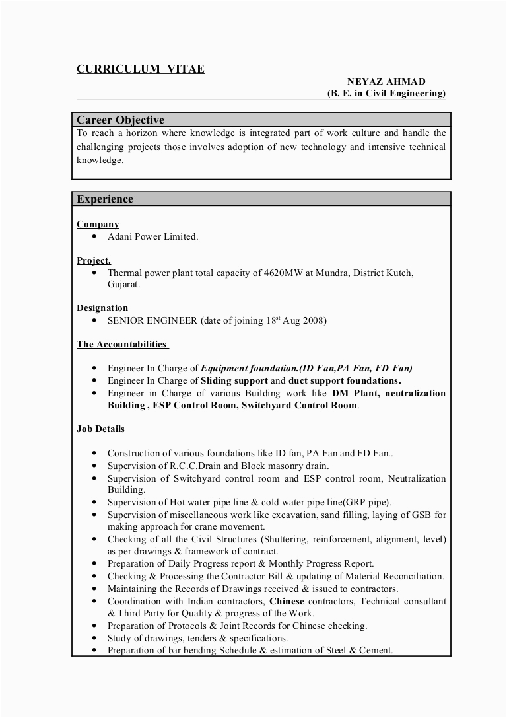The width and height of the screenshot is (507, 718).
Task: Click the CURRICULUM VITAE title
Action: [141, 69]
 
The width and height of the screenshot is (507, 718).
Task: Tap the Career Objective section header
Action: [120, 120]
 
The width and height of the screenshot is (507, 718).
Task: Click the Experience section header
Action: [105, 199]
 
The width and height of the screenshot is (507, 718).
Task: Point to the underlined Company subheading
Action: [98, 225]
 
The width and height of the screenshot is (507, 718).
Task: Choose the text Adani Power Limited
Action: [152, 236]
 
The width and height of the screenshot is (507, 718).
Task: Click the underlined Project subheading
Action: [94, 261]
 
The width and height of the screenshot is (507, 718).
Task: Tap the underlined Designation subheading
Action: [102, 308]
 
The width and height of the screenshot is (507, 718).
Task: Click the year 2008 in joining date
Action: [314, 320]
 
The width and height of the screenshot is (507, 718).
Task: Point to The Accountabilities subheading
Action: [122, 344]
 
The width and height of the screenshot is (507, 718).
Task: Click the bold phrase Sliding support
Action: [234, 380]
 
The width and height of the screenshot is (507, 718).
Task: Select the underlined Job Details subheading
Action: [100, 429]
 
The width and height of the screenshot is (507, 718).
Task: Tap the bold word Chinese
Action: [286, 601]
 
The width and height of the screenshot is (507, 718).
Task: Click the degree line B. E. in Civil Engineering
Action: [386, 93]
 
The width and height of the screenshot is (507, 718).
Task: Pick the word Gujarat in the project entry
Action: [123, 284]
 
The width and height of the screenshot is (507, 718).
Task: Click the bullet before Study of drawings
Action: [94, 638]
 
